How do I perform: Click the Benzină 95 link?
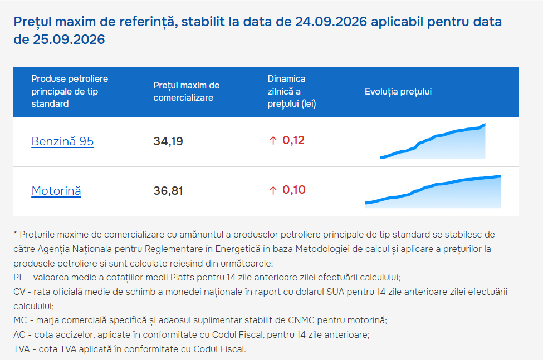62,141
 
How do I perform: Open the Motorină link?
56,190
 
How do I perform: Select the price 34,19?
168,141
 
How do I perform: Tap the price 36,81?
168,190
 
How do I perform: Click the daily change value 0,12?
293,140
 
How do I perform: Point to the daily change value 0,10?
293,190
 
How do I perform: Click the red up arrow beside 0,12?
273,140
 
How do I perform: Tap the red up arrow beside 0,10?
273,190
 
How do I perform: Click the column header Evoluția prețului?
398,92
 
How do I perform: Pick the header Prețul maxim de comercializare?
187,92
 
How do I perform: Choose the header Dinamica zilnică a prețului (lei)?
292,91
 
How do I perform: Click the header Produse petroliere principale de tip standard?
70,91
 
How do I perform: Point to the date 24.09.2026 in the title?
331,22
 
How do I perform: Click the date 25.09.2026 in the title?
69,40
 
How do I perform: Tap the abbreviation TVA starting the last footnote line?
22,349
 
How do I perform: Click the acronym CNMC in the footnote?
301,320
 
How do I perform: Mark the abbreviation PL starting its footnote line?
18,277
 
